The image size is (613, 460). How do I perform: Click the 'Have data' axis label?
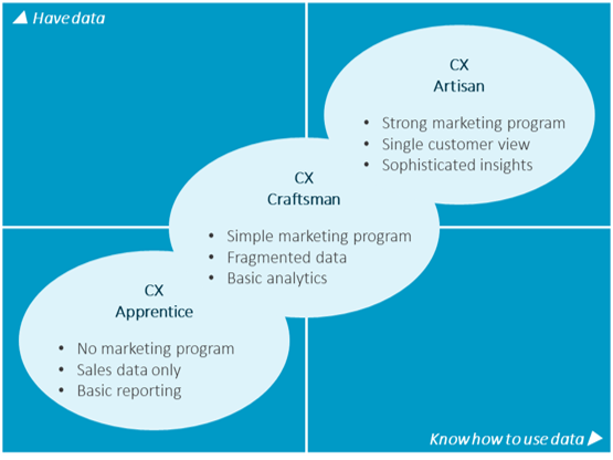(x=68, y=19)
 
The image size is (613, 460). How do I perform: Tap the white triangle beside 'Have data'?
(x=20, y=18)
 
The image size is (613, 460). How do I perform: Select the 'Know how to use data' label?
(x=506, y=439)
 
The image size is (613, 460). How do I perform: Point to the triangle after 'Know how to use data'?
(x=595, y=438)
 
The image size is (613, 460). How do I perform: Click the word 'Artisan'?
(x=459, y=86)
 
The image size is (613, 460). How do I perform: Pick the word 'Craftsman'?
(x=304, y=199)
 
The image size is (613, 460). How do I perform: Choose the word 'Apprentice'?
(x=154, y=311)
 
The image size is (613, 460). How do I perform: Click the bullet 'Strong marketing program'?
(x=473, y=123)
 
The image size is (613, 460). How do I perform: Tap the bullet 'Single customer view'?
(x=456, y=144)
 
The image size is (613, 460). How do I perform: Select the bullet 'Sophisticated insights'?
(x=457, y=165)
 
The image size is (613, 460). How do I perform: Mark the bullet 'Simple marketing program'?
(x=318, y=236)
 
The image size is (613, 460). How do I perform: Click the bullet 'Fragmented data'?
(x=286, y=258)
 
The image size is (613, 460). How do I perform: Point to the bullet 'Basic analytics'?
(x=277, y=278)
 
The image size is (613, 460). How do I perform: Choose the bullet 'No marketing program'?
(x=155, y=349)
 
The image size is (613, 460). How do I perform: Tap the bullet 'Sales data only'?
(x=129, y=370)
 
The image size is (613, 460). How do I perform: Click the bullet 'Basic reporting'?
(x=129, y=391)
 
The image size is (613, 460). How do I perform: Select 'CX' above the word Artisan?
(x=459, y=65)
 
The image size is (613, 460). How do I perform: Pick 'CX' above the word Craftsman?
(x=304, y=178)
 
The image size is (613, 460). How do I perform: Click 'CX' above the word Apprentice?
(x=154, y=290)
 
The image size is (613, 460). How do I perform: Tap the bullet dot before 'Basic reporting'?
(x=62, y=391)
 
